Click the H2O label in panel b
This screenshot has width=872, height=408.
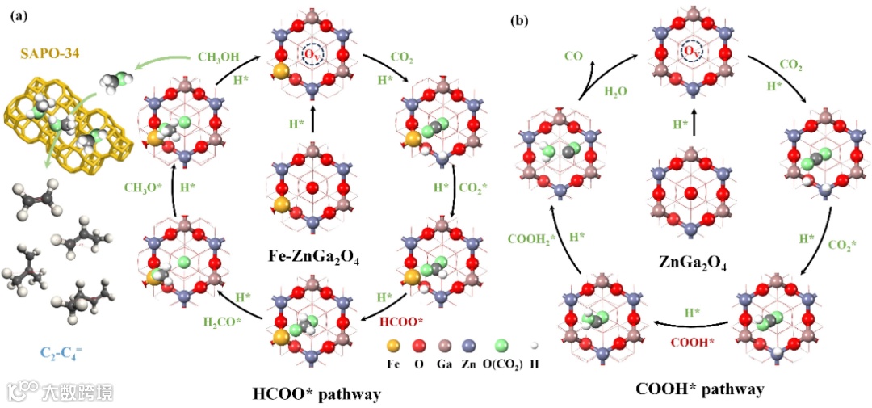[x=617, y=92]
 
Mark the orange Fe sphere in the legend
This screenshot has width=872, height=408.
[x=393, y=345]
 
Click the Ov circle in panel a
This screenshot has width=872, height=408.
[x=312, y=54]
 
